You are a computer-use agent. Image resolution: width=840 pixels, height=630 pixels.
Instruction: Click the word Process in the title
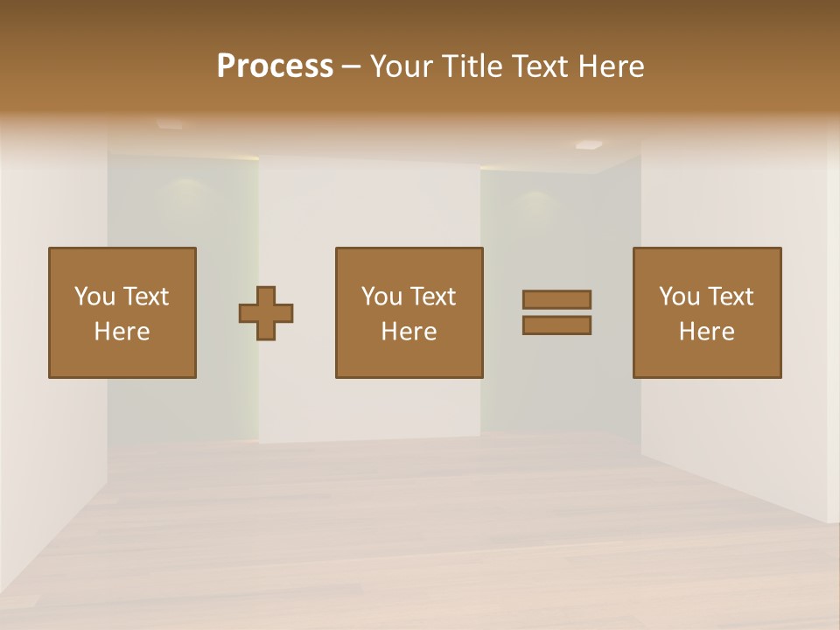pos(275,66)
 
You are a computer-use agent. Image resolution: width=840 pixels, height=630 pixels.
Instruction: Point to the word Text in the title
pos(541,66)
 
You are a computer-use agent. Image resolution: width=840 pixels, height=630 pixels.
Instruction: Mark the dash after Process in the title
pos(352,68)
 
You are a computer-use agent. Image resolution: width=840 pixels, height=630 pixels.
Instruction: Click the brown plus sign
pos(266,313)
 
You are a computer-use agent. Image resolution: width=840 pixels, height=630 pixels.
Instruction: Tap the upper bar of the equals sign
pos(556,299)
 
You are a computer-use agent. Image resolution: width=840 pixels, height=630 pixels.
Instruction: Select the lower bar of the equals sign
pos(556,325)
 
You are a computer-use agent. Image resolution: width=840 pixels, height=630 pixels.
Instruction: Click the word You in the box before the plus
pos(94,297)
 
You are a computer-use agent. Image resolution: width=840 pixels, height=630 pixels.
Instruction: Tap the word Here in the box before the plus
pos(122,332)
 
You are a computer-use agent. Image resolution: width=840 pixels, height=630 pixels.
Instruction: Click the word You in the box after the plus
pos(381,297)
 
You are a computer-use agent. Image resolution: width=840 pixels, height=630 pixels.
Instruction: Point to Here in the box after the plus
pos(409,332)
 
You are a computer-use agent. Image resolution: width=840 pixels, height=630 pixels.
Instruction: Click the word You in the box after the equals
pos(679,297)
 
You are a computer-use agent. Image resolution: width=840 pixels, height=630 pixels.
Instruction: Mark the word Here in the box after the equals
pos(706,332)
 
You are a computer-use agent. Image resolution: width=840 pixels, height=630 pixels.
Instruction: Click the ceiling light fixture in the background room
pos(589,145)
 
